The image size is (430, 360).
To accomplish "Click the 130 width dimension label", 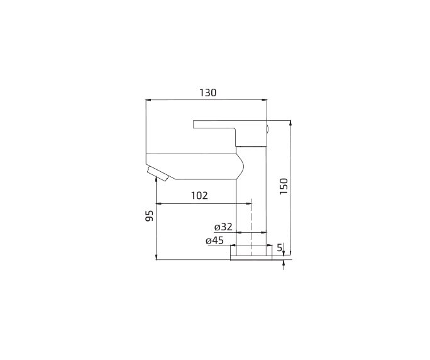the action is coord(207,93).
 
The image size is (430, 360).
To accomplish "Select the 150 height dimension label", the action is coord(284,186).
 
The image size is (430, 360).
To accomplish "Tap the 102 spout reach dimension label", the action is coord(199,196).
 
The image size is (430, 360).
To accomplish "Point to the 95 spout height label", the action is coord(149,216).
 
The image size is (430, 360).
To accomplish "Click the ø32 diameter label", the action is coord(223,227).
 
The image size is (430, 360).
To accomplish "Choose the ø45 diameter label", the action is coord(215,240).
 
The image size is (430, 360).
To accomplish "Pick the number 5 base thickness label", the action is coord(280,248).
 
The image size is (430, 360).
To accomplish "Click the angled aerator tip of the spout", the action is coord(158,174).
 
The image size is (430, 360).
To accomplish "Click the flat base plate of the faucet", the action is coord(251,257).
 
